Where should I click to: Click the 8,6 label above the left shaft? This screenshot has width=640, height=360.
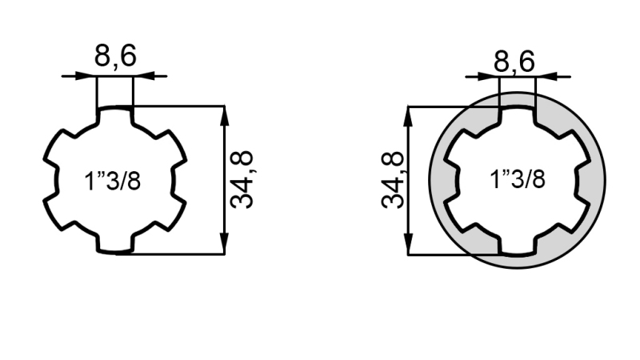coord(115,57)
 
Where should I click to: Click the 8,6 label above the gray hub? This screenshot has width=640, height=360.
coord(514,61)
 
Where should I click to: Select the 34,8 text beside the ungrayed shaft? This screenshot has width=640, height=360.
coord(242,179)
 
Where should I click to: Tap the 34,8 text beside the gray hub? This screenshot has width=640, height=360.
coord(393,180)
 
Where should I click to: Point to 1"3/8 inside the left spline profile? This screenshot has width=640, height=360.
coord(113,181)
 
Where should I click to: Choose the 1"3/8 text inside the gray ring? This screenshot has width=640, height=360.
coord(517,179)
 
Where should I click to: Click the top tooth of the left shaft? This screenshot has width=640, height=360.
coord(114,117)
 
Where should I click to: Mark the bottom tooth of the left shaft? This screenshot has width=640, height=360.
coord(114,243)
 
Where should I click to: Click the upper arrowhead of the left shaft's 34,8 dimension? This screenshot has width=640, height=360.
coord(225,114)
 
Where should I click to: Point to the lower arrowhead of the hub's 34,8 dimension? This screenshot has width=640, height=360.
coord(408,246)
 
